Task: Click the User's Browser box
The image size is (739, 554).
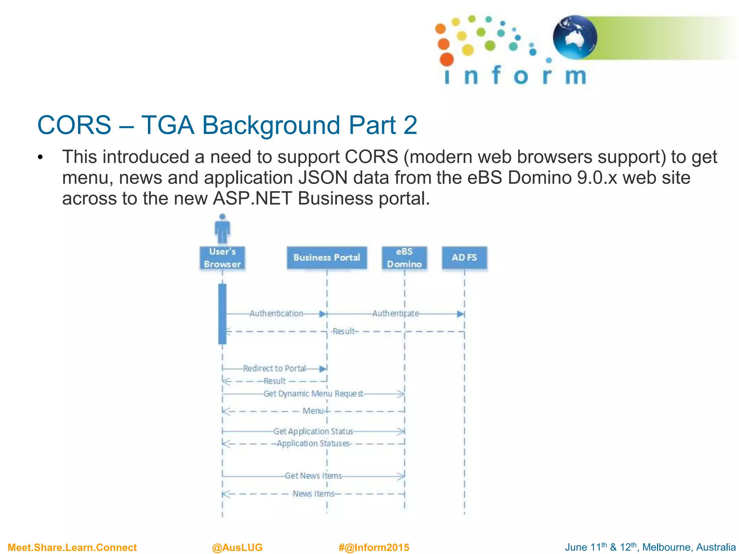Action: click(222, 258)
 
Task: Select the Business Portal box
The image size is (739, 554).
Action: click(327, 258)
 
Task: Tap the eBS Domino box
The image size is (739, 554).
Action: click(404, 258)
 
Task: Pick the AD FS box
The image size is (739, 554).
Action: click(464, 258)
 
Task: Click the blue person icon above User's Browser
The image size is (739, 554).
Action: click(222, 229)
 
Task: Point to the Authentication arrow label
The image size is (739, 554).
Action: click(276, 313)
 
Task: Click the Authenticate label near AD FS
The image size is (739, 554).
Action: click(395, 313)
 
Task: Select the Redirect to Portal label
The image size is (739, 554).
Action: click(274, 368)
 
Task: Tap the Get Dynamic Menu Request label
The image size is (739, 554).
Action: click(313, 393)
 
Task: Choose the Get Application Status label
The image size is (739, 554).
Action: click(313, 431)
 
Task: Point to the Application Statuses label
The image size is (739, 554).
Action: click(313, 443)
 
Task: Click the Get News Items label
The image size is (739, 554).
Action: click(313, 476)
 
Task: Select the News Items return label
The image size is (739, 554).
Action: click(313, 493)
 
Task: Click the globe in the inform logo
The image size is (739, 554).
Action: click(575, 37)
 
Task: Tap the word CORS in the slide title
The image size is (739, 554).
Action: click(74, 125)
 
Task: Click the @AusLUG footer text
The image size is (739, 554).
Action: click(237, 547)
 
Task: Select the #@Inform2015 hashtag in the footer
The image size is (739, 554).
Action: click(374, 547)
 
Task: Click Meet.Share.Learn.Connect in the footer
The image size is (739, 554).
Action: click(72, 547)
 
